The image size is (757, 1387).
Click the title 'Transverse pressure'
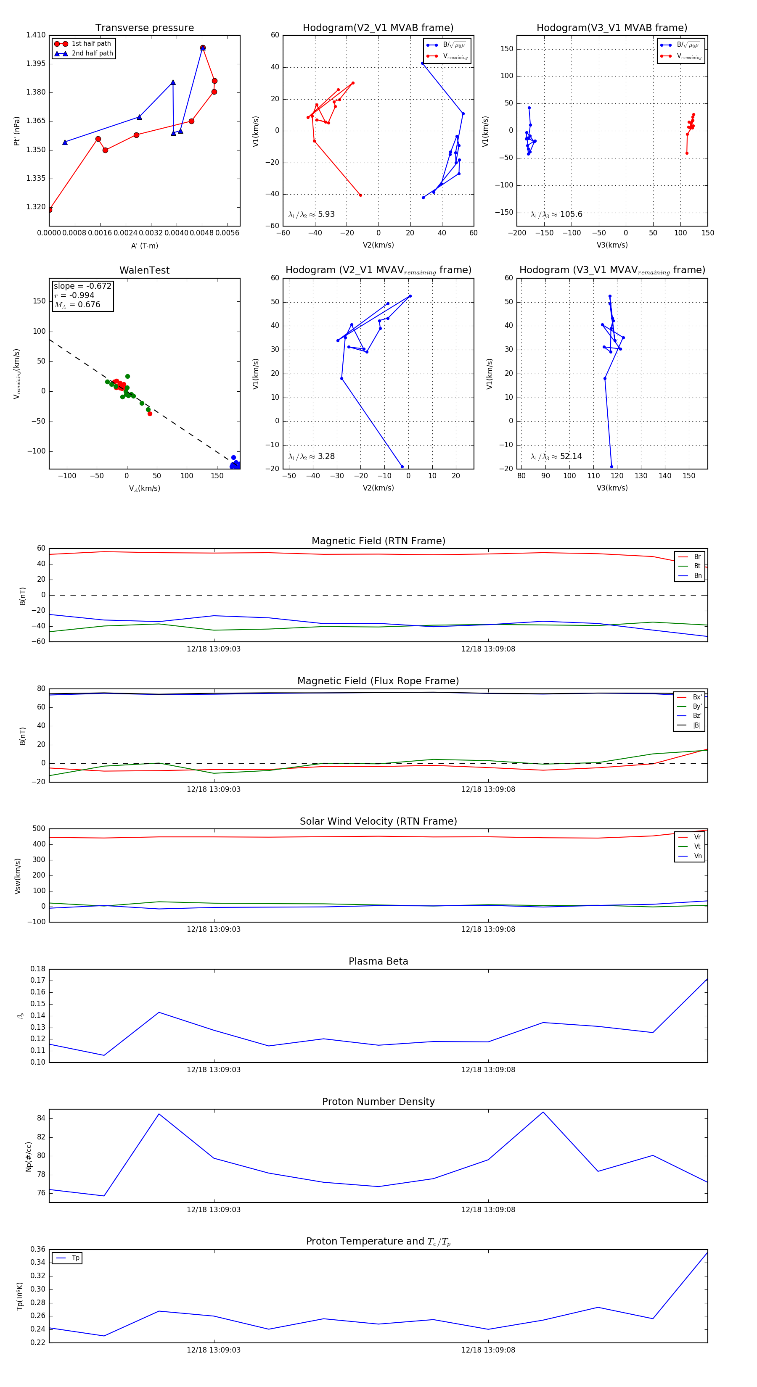click(x=144, y=28)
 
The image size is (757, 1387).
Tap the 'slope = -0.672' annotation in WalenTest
click(x=82, y=286)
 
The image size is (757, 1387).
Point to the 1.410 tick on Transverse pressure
click(x=36, y=35)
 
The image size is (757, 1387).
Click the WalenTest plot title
click(x=144, y=270)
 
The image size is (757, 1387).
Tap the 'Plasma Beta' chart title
click(x=378, y=961)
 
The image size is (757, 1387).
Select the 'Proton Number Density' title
click(x=378, y=1102)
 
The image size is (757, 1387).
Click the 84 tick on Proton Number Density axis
click(x=41, y=1118)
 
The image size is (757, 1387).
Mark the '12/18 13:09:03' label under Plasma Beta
click(x=213, y=1069)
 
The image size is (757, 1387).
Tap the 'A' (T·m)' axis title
click(x=144, y=245)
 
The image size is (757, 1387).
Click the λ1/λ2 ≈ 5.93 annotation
click(x=311, y=214)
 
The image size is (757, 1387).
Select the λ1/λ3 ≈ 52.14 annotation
click(x=556, y=456)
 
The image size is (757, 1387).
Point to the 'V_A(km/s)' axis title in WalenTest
click(x=144, y=488)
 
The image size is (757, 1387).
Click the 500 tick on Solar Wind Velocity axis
click(x=39, y=829)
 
